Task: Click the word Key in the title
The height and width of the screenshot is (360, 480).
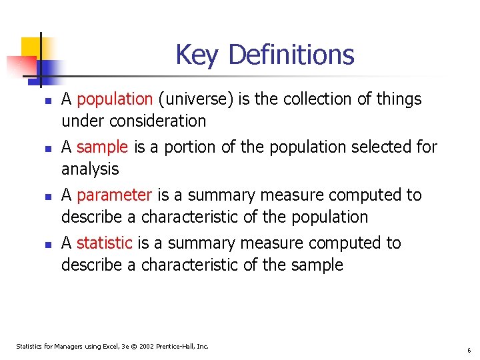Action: point(196,55)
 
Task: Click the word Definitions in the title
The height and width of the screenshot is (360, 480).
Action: point(291,55)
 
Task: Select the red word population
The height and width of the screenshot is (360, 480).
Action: point(115,99)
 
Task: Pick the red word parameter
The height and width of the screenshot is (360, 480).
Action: point(114,195)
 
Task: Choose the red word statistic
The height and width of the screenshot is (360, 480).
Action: point(104,243)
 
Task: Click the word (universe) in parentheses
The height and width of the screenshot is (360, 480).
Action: point(191,99)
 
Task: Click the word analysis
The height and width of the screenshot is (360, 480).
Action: point(90,169)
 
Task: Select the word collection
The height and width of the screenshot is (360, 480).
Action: point(315,99)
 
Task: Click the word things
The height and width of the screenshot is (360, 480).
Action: point(398,99)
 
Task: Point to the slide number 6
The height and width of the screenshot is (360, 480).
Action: point(469,350)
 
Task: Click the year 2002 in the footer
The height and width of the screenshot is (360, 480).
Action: point(145,346)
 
